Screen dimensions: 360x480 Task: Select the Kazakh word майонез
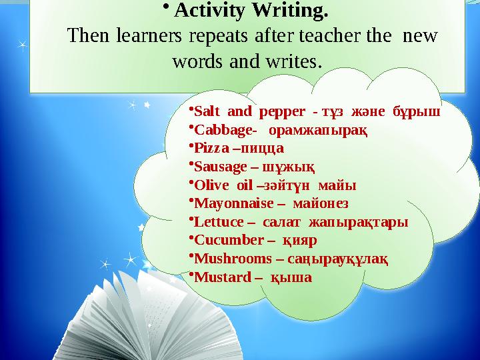point(319,203)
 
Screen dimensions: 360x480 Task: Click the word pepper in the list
point(275,112)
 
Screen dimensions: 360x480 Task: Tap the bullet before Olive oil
point(191,183)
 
